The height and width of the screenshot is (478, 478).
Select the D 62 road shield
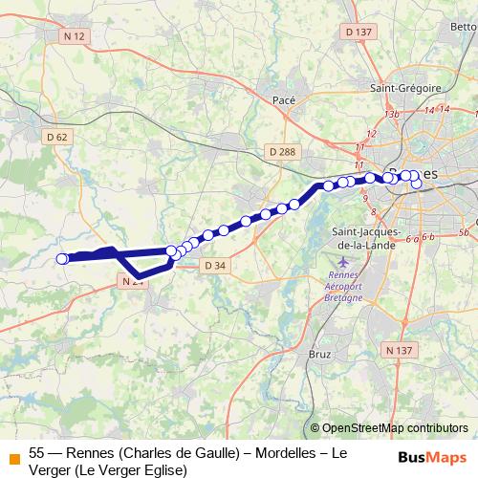pos(58,138)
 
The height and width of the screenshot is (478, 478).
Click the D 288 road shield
pos(282,152)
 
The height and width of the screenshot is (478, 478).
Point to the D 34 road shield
pos(215,266)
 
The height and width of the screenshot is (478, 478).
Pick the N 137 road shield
pos(402,352)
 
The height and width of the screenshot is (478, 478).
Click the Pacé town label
pos(284,98)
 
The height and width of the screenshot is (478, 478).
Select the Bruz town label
pos(320,354)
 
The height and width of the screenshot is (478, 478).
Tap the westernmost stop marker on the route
pos(63,258)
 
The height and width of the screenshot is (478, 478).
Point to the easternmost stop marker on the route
pos(416,184)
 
